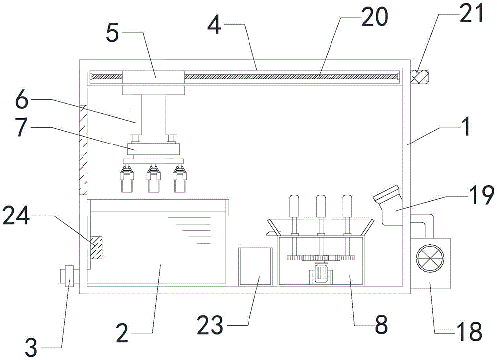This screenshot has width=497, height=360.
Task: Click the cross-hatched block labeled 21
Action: point(418,77)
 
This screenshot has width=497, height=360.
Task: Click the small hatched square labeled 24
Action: point(97,247)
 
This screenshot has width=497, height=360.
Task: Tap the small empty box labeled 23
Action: point(255,266)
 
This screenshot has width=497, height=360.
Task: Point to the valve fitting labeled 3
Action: point(67,276)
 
